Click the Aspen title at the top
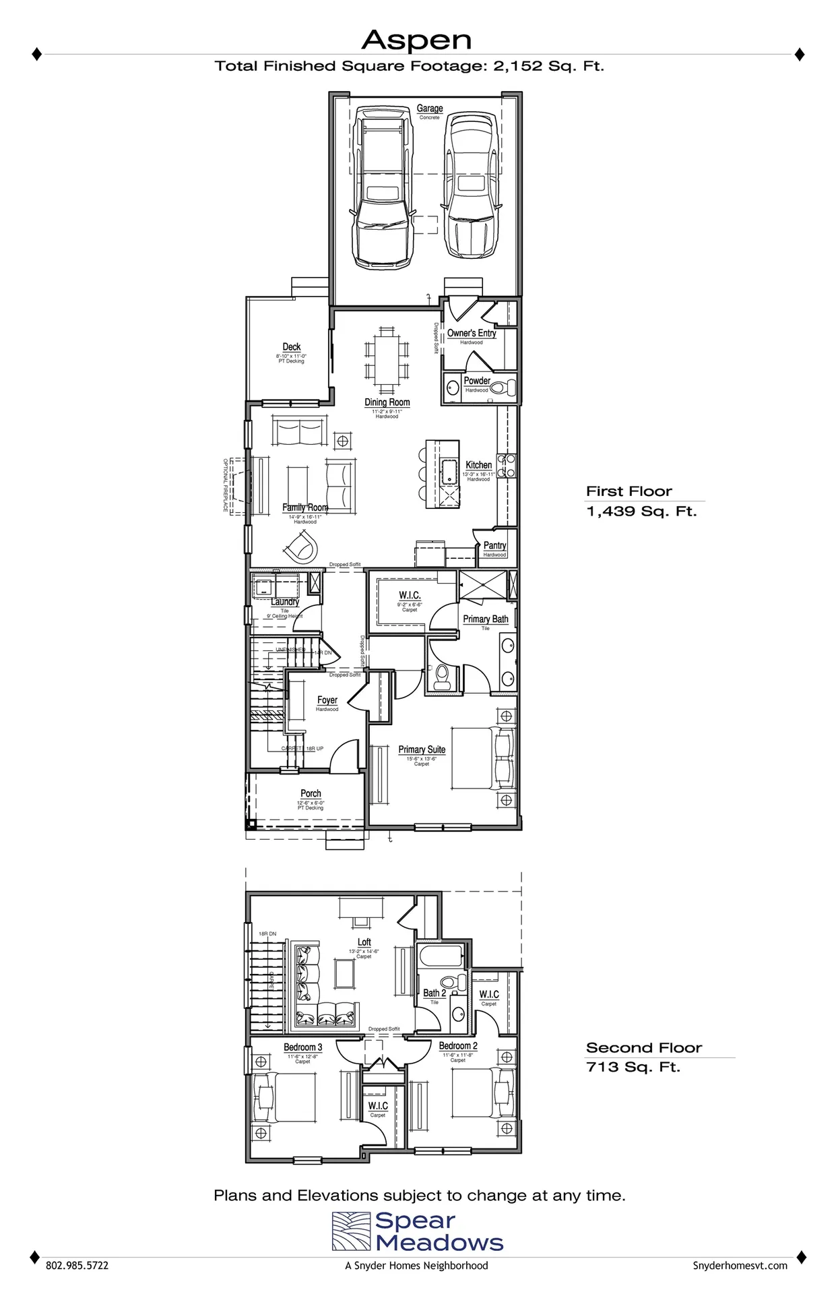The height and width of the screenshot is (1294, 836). [x=416, y=41]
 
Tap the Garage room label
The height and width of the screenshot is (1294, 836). [x=429, y=109]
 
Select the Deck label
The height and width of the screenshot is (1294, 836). [x=291, y=347]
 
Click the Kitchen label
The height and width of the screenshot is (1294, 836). [x=478, y=465]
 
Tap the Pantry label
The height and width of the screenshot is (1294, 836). [x=494, y=545]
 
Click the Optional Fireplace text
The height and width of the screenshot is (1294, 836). [x=226, y=485]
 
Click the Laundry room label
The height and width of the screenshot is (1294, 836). [x=285, y=602]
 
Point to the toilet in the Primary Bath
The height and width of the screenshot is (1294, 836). [x=443, y=677]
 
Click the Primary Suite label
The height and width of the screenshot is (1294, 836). [x=422, y=749]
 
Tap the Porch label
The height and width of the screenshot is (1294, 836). [x=311, y=793]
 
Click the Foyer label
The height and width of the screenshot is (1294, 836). [x=327, y=700]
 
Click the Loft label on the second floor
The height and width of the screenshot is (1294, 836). [x=364, y=942]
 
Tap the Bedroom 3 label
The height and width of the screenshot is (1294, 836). [x=302, y=1047]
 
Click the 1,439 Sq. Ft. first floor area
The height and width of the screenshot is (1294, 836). [x=641, y=512]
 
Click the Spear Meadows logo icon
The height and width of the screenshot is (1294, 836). [x=351, y=1231]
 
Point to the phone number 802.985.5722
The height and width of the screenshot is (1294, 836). [x=77, y=1266]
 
